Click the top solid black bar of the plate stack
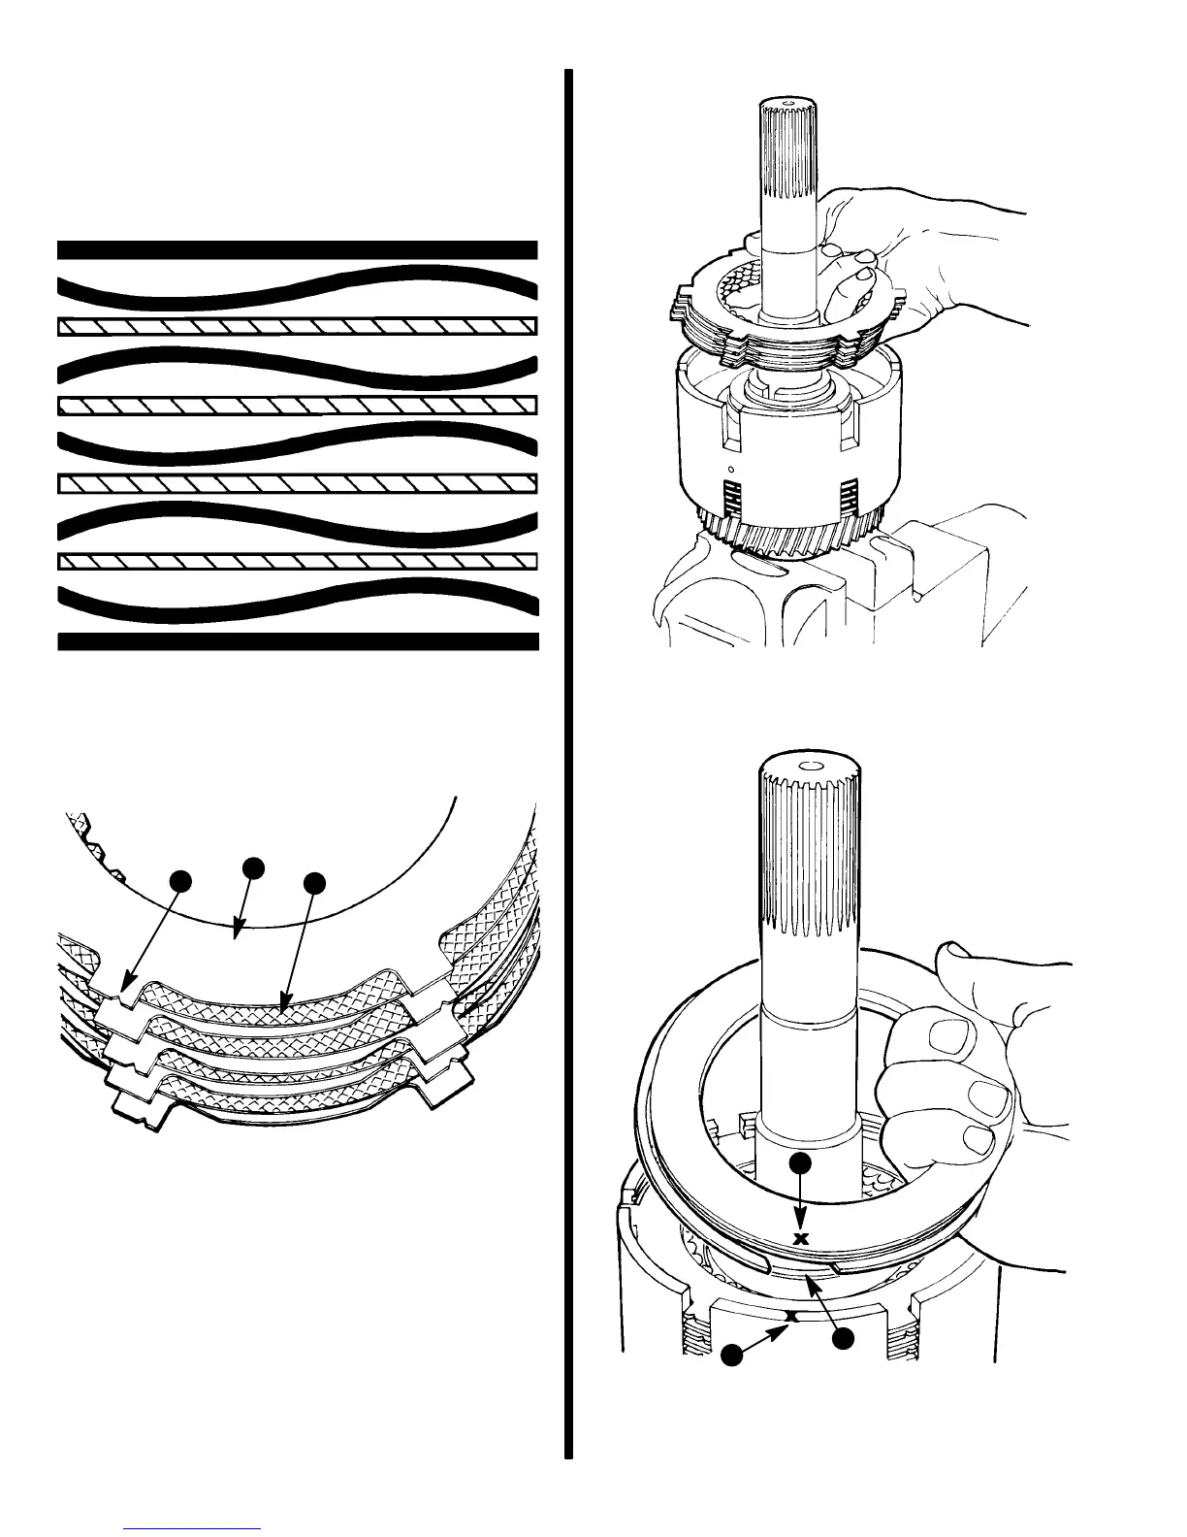297,249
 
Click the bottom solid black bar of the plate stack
297,640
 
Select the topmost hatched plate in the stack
297,326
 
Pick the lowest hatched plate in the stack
297,561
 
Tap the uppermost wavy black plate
297,282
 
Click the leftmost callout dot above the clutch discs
178,880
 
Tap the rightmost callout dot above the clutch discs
314,883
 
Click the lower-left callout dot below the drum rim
732,1353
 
